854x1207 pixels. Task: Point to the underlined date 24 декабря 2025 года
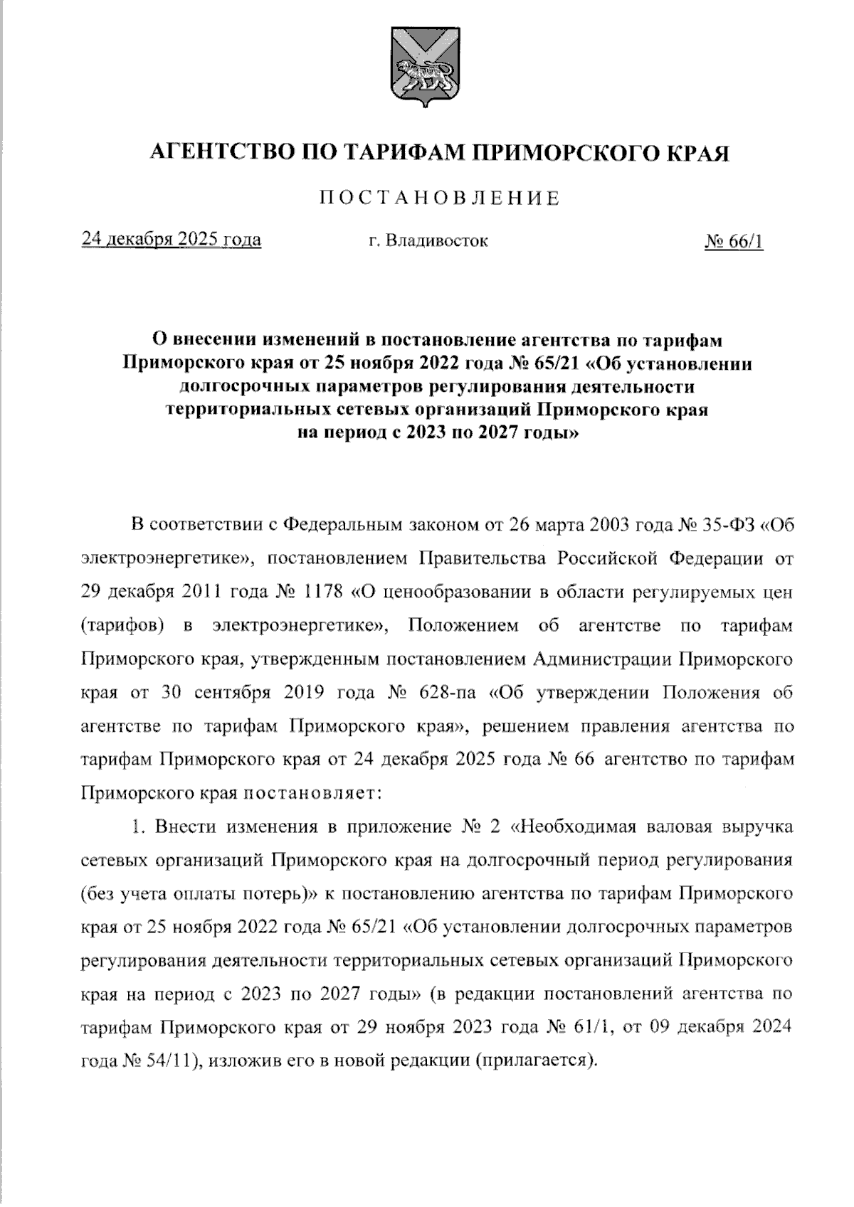tap(172, 240)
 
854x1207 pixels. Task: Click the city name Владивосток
tap(437, 240)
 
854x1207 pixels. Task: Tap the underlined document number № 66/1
tap(734, 241)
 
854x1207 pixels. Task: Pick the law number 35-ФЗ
tap(715, 526)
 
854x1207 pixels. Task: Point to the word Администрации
tap(604, 659)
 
